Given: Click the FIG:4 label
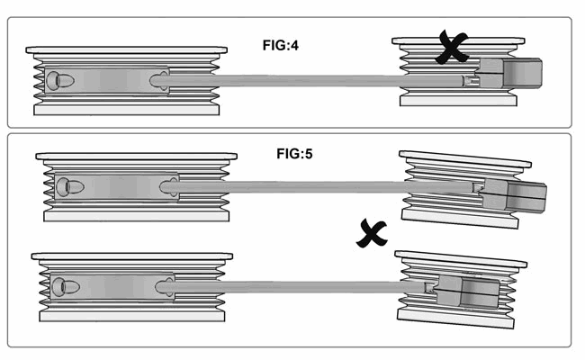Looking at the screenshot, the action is pyautogui.click(x=281, y=46).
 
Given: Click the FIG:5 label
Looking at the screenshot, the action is pyautogui.click(x=294, y=154).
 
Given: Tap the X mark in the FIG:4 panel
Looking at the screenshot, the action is pyautogui.click(x=452, y=48).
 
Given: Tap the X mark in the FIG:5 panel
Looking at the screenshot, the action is pyautogui.click(x=372, y=234).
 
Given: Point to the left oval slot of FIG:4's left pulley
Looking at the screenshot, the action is pyautogui.click(x=59, y=80).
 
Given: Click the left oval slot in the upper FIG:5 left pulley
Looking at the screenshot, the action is pyautogui.click(x=70, y=186).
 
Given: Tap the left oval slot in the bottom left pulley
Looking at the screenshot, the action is pyautogui.click(x=66, y=287).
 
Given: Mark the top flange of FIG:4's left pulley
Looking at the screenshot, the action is pyautogui.click(x=127, y=50).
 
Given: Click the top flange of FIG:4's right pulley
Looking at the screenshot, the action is pyautogui.click(x=458, y=40).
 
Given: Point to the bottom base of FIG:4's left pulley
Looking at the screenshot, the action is pyautogui.click(x=127, y=109).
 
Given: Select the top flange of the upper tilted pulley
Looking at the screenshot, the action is pyautogui.click(x=465, y=159).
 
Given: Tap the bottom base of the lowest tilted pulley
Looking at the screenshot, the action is pyautogui.click(x=456, y=319).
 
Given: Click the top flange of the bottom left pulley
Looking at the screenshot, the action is pyautogui.click(x=132, y=256).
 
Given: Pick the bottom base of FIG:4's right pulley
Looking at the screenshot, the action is pyautogui.click(x=458, y=101).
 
